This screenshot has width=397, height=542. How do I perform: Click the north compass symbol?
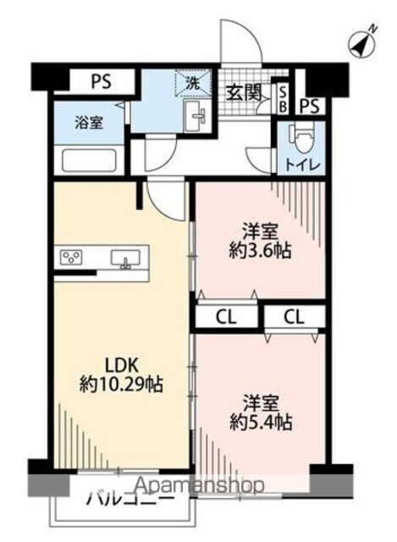[x=362, y=42]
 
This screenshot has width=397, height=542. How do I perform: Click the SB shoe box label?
[x=282, y=99]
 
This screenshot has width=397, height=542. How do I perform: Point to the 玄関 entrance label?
[x=244, y=92]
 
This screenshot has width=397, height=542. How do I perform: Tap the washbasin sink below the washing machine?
[x=196, y=115]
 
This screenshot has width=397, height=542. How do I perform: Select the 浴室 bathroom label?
[x=89, y=124]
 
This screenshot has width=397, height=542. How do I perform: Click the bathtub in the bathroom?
[x=89, y=160]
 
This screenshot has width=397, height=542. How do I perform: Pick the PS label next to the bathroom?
[x=101, y=81]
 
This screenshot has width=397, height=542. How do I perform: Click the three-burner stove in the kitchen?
[x=71, y=257]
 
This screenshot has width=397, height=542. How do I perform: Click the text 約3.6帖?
[x=260, y=251]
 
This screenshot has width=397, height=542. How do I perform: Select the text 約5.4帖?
[x=261, y=422]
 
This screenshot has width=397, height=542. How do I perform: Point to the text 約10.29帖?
[x=121, y=384]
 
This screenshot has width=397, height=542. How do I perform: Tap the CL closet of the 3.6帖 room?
[x=226, y=316]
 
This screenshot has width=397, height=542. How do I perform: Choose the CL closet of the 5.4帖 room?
[x=295, y=316]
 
